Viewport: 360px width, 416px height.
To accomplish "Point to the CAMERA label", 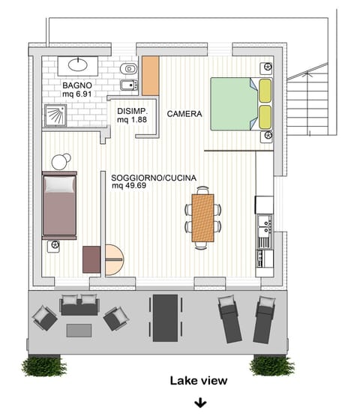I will [x=184, y=114].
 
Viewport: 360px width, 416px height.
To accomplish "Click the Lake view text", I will [x=198, y=381].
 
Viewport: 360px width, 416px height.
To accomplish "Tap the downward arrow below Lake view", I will [x=200, y=403].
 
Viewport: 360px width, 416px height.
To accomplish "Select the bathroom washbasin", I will [x=80, y=64].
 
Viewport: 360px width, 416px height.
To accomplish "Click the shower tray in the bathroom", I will [x=55, y=113].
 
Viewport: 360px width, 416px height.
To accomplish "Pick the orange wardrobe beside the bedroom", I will [x=151, y=75].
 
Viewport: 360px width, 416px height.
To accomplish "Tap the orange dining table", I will [x=202, y=217].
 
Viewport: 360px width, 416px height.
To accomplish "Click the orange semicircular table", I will [x=114, y=259].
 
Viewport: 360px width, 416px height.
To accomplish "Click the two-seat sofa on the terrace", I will [x=79, y=305].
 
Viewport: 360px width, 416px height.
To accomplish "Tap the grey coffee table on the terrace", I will [x=79, y=329].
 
